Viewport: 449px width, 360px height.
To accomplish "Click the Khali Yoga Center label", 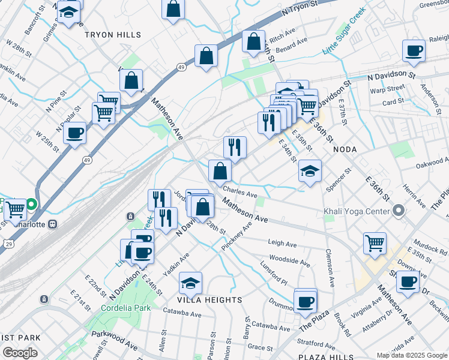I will (x=356, y=211).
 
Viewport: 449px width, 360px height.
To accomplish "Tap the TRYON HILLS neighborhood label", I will (x=113, y=35).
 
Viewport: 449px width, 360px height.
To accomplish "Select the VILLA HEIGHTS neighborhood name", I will (x=209, y=299).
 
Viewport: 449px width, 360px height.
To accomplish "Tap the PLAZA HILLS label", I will (x=321, y=357).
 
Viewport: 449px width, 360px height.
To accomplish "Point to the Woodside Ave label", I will (x=290, y=262).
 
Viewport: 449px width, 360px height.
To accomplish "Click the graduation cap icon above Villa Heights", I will (x=190, y=282).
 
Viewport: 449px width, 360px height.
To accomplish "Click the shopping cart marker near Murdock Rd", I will (x=375, y=242).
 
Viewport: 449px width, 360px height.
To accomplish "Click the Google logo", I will (x=19, y=353).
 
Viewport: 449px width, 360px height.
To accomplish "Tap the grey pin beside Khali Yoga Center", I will (x=399, y=211).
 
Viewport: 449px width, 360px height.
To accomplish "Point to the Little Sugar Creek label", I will (x=344, y=31).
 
